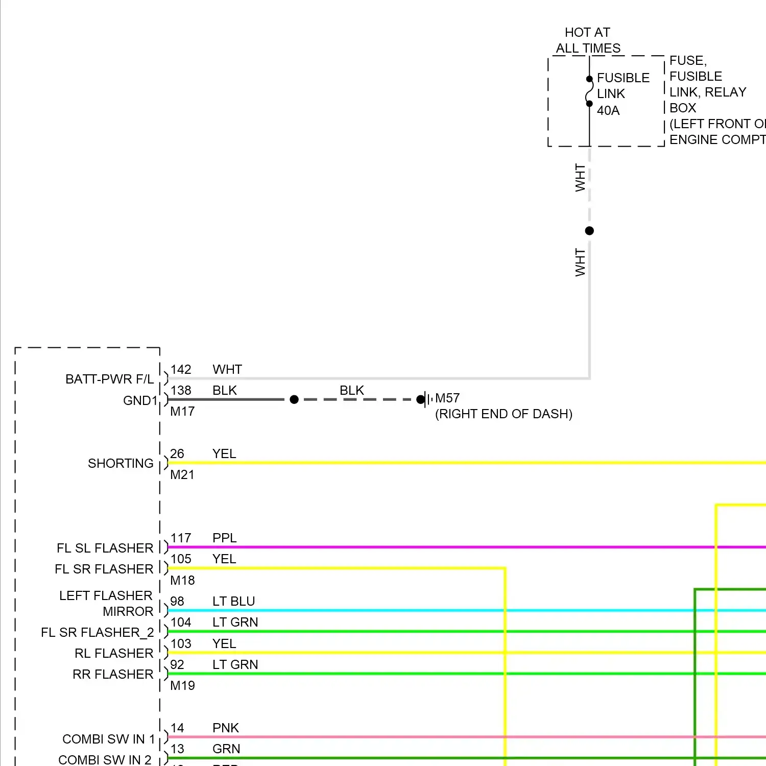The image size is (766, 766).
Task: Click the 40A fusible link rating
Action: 608,110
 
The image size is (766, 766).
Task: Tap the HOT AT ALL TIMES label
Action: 588,40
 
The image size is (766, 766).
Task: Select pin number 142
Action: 181,369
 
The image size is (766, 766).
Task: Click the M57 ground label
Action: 447,398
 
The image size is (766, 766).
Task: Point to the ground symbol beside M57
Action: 426,399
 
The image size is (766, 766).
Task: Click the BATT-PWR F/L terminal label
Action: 109,379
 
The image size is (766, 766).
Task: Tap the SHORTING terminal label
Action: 121,463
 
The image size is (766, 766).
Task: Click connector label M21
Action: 182,474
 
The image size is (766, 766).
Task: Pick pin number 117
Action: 181,538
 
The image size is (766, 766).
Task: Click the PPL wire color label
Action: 224,538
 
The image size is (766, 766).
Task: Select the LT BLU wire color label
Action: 233,601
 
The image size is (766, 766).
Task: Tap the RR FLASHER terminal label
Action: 113,674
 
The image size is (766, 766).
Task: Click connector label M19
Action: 182,685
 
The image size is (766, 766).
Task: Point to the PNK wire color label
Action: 226,728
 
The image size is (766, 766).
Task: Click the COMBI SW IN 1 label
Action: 108,739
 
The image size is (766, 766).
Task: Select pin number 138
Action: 181,390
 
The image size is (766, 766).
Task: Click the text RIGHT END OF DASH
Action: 504,414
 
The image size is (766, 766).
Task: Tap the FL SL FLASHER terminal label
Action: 105,548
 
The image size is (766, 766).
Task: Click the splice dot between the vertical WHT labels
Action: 589,231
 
